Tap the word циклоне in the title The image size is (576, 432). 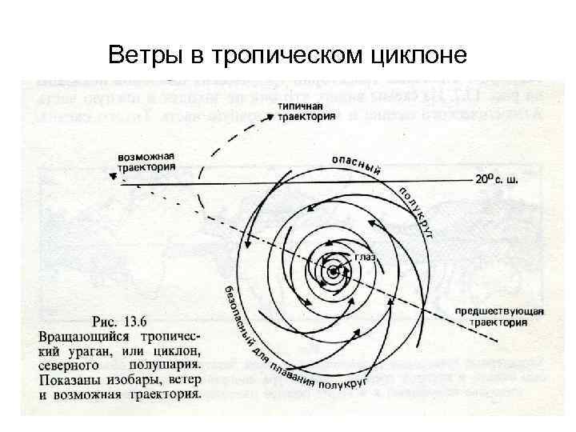pos(419,55)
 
